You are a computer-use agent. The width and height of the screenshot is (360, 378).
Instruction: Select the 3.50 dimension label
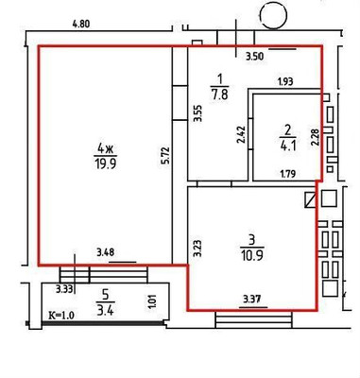click(x=254, y=59)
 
